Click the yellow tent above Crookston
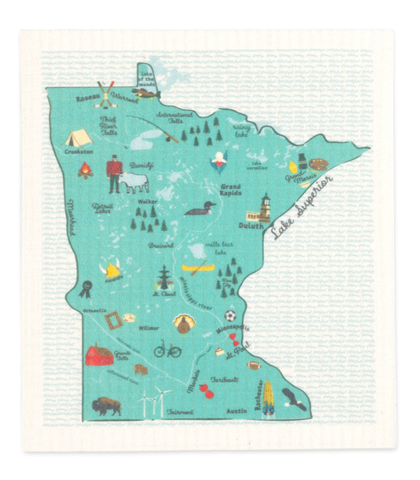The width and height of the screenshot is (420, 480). [80, 140]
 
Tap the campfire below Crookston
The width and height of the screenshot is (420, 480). [84, 169]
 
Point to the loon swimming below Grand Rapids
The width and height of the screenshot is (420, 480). [200, 210]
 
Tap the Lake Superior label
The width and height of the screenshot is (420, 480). [301, 204]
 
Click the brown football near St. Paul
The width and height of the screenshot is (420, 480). [254, 365]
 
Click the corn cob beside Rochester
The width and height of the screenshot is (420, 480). [269, 396]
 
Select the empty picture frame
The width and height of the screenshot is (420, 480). [113, 318]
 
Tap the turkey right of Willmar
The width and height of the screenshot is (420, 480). [180, 324]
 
